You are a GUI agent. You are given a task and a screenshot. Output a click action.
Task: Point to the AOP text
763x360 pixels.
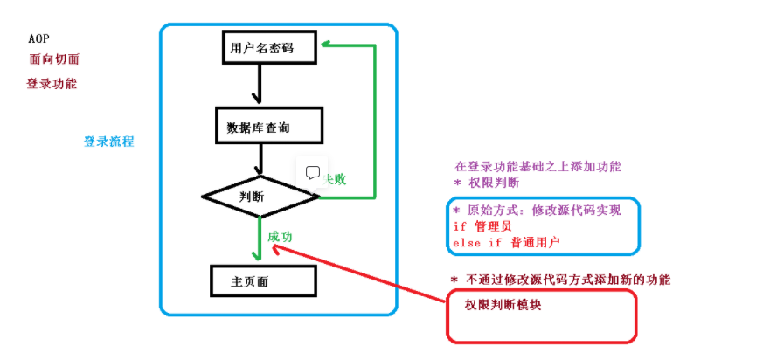coord(39,40)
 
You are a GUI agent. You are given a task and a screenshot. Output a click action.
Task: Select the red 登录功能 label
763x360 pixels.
coord(52,85)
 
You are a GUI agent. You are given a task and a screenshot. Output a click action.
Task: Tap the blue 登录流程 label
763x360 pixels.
coord(108,142)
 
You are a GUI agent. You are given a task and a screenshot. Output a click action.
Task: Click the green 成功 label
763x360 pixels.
coord(281,237)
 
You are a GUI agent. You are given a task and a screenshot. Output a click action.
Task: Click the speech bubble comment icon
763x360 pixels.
coord(313,172)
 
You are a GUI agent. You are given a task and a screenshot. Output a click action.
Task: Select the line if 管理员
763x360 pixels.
coord(482,226)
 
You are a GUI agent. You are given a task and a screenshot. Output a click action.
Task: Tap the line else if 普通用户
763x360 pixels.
coord(505,242)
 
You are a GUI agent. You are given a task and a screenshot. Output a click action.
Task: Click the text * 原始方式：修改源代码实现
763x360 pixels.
coord(536,211)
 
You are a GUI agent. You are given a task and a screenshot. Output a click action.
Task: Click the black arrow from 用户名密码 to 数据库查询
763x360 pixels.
coord(256,84)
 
